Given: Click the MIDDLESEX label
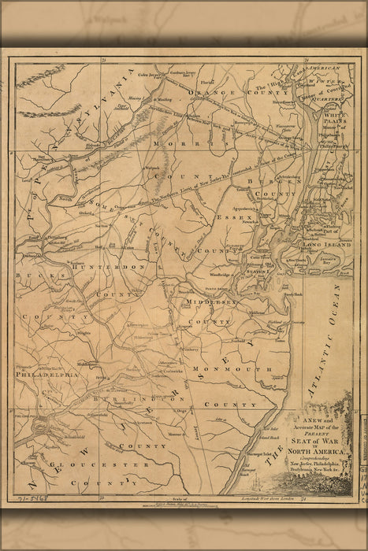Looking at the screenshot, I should (x=208, y=301).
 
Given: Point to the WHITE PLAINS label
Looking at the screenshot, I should (x=336, y=119).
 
